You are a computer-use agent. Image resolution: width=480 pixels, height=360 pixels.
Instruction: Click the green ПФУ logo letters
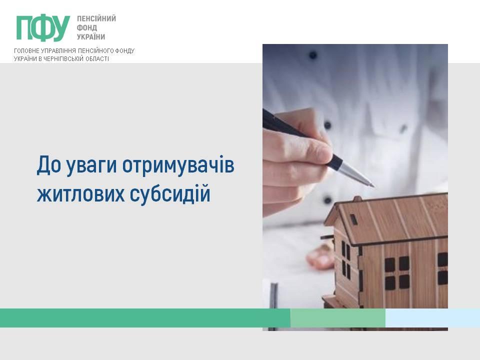(x=43, y=27)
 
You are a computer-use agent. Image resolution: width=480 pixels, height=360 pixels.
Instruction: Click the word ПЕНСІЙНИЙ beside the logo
(x=96, y=18)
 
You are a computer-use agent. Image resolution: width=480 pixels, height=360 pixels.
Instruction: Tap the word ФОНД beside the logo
(x=87, y=28)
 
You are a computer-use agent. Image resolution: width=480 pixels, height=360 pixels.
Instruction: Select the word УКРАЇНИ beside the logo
(x=91, y=36)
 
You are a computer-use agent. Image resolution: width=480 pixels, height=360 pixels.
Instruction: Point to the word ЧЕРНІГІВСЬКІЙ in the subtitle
(x=63, y=59)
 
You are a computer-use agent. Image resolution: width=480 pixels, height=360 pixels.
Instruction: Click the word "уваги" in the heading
(x=91, y=166)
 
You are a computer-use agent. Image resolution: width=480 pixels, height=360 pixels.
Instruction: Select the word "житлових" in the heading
(x=80, y=194)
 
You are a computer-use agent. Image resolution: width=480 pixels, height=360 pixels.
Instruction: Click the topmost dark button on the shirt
(x=313, y=55)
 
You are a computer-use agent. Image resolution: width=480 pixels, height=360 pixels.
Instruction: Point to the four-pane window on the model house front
(x=396, y=273)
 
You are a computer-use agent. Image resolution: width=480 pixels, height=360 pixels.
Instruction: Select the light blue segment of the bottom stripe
(x=432, y=318)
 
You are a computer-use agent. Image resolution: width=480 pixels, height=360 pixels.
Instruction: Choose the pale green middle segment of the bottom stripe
(x=338, y=318)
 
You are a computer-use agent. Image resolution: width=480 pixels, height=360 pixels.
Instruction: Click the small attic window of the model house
(x=353, y=219)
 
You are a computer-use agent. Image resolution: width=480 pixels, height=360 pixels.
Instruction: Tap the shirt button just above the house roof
(x=328, y=200)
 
